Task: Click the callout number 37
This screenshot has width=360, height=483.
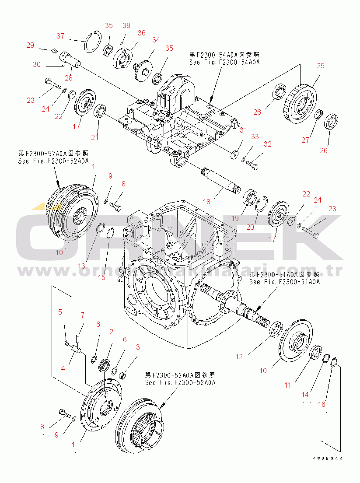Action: pos(60,35)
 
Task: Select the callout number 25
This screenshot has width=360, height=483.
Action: pos(321,66)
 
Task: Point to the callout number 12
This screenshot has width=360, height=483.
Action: pos(239,357)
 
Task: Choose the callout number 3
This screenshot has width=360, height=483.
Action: pos(138,347)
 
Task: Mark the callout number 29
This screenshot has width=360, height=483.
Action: pos(30,45)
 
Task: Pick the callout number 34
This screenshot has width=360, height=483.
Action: pos(156,40)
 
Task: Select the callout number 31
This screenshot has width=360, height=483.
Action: pos(243,130)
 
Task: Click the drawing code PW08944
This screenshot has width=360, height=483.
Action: pos(327,458)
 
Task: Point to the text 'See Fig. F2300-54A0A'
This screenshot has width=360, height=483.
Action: pos(224,62)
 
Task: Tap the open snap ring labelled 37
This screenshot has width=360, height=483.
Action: pos(92,42)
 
